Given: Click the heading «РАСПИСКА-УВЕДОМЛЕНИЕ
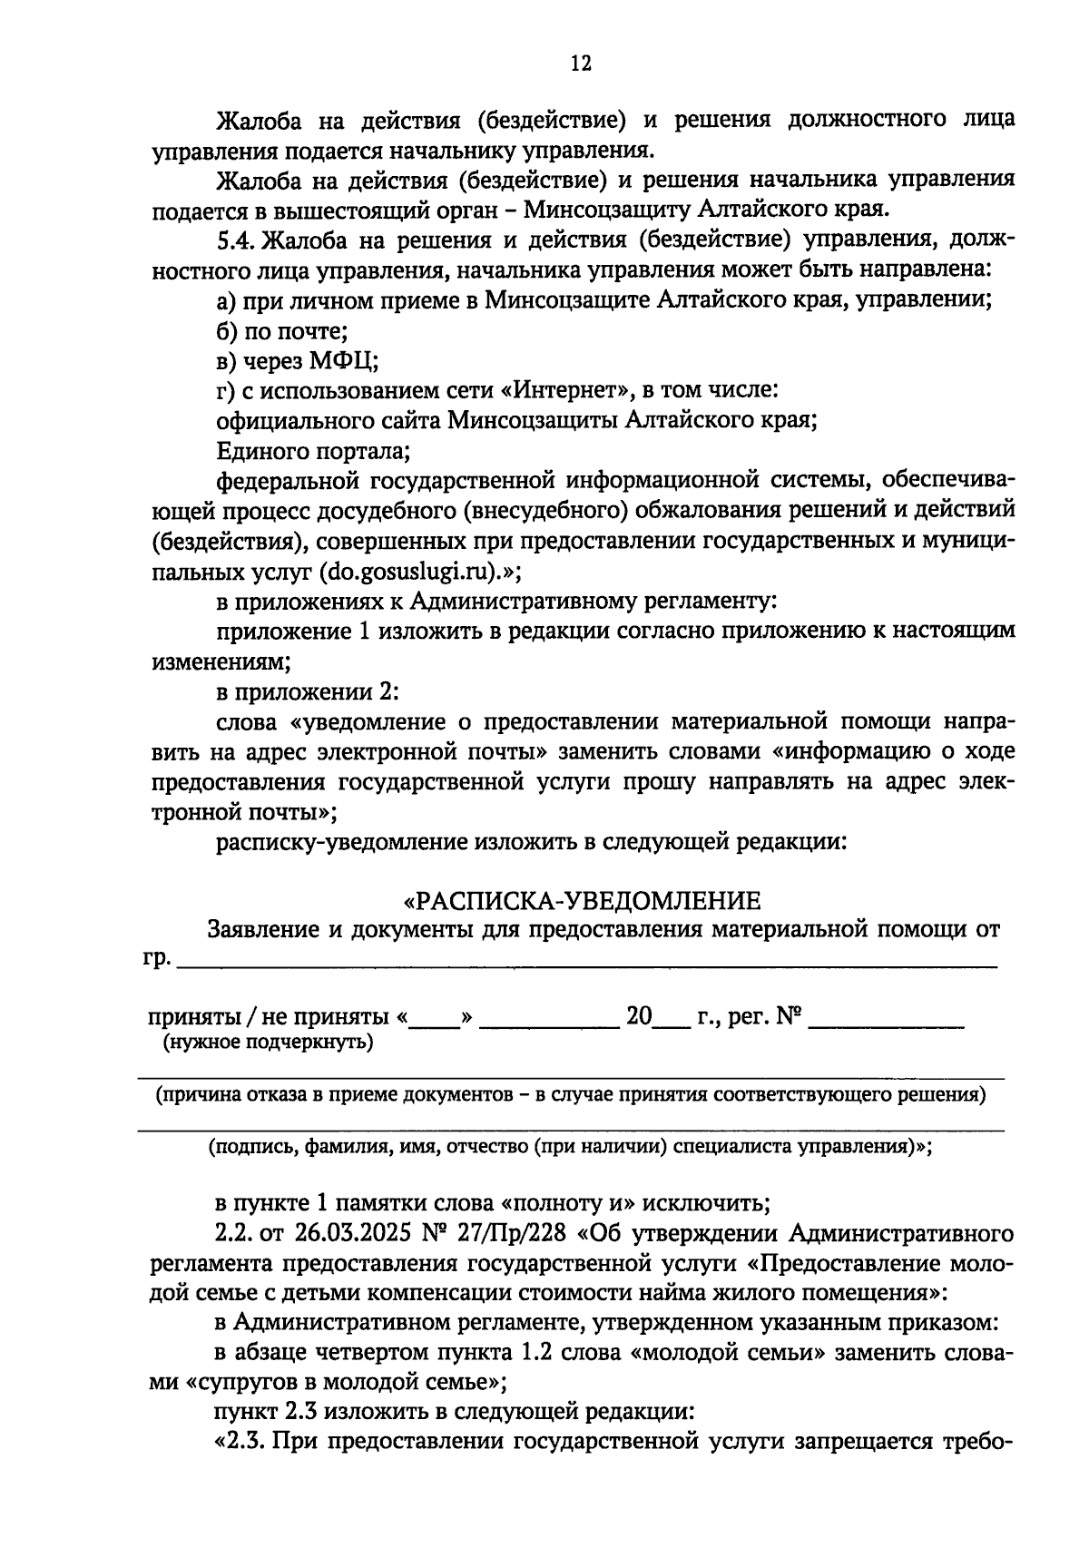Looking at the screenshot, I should pos(582,901).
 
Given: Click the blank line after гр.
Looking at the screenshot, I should pos(586,965).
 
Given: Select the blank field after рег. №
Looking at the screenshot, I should pos(885,1024).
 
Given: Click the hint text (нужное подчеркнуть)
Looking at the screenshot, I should pos(268,1043).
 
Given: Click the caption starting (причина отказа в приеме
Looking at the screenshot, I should pos(571,1095).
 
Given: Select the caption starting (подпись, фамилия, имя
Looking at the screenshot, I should pos(571,1147).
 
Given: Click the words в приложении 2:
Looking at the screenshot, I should pos(308,691).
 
